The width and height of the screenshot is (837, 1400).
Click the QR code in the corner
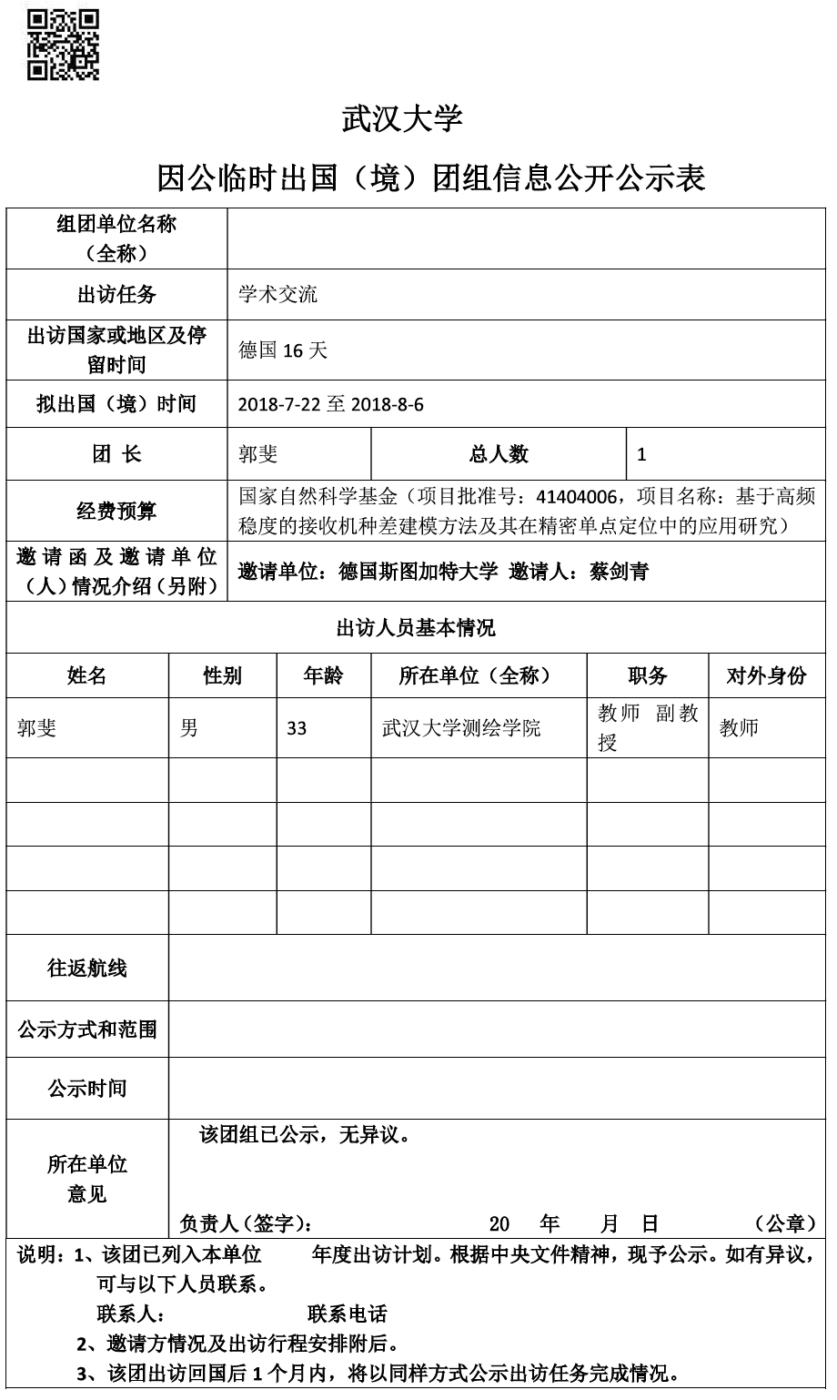[63, 46]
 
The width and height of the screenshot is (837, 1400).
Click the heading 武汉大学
[402, 119]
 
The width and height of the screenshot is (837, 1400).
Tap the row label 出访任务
[116, 294]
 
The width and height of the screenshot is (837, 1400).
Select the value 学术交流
[278, 294]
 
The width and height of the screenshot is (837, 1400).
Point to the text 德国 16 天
[282, 350]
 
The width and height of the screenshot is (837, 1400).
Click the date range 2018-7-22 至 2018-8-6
[330, 404]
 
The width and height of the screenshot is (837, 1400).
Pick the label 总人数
[499, 454]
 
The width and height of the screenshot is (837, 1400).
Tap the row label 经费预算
[116, 511]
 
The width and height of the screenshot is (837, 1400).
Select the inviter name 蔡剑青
[618, 572]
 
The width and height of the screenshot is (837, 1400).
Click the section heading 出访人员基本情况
[416, 627]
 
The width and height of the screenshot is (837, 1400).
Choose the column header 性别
[223, 675]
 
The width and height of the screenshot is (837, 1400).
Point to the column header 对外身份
[766, 675]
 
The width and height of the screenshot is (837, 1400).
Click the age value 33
[297, 728]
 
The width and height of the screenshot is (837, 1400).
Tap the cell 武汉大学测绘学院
[461, 728]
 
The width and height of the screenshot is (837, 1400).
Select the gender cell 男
[189, 728]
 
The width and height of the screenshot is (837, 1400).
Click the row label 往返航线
[87, 969]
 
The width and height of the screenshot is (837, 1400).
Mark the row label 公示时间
[87, 1088]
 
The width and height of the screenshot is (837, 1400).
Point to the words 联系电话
[348, 1314]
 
